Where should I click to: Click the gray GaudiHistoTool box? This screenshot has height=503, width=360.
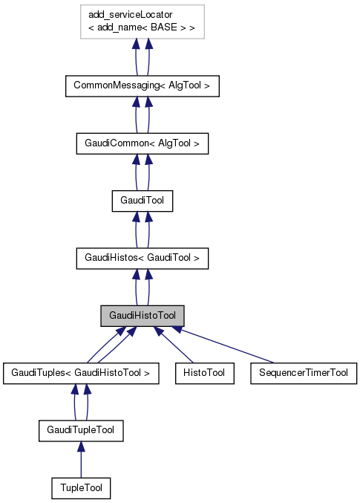point(142,315)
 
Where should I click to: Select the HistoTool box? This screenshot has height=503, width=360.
point(204,372)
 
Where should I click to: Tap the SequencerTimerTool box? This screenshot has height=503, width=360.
point(304,372)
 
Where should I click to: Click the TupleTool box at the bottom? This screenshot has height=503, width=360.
point(81,488)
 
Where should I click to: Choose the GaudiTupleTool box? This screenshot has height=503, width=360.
point(81,430)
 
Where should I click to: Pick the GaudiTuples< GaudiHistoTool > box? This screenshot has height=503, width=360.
point(81,372)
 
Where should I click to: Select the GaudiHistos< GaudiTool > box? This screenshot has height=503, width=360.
point(142,258)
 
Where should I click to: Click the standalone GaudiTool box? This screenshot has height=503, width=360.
point(142,200)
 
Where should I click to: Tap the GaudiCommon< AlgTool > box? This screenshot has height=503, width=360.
point(142,143)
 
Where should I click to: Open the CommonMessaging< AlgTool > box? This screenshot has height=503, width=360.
point(142,85)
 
